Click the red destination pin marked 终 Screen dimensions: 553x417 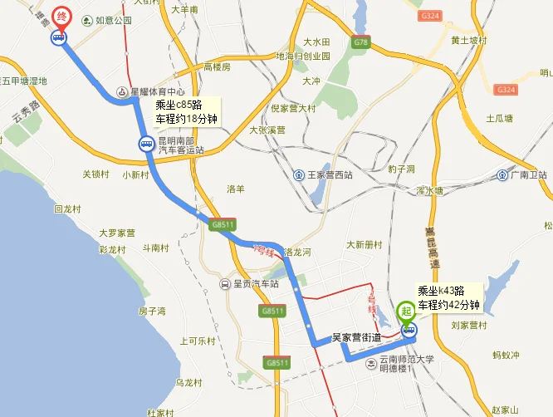[x=61, y=17]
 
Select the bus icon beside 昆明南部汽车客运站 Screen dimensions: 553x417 [x=145, y=145]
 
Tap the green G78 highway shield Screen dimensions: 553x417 [x=360, y=42]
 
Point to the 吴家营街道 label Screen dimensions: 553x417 [x=356, y=337]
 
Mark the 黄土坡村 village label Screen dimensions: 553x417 [x=467, y=40]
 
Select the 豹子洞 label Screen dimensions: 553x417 [x=400, y=169]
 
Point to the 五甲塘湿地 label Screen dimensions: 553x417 [x=25, y=81]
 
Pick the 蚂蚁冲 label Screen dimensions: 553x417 [x=506, y=356]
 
